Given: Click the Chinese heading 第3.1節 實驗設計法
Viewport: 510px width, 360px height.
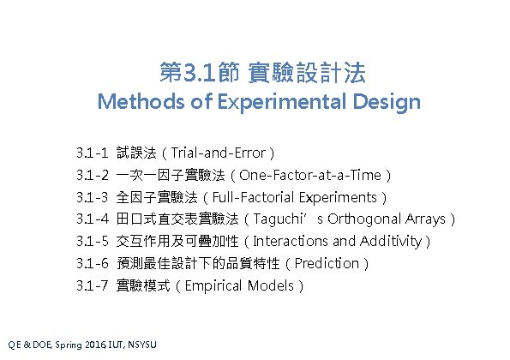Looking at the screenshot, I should (x=259, y=71).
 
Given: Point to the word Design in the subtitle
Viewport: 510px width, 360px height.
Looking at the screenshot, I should (x=387, y=103).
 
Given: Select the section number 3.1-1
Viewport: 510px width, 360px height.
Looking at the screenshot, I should (x=91, y=153).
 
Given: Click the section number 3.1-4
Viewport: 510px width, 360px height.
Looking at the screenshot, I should (x=91, y=219).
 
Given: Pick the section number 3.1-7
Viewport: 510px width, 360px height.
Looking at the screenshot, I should (x=91, y=285).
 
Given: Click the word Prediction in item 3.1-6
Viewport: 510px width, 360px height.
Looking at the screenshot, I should (x=329, y=263).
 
